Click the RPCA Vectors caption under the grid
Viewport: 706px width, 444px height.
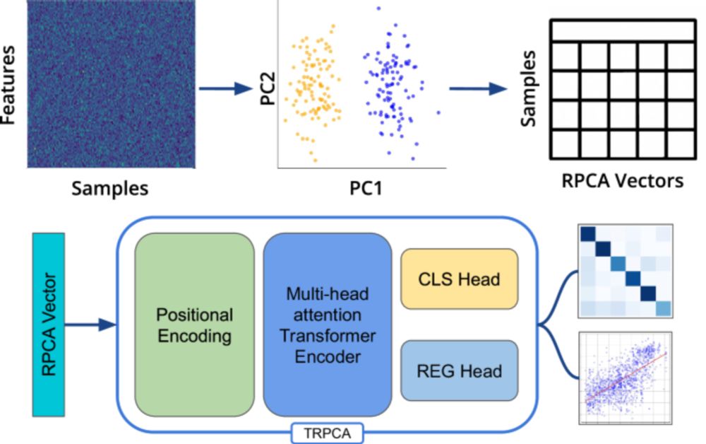[622, 180]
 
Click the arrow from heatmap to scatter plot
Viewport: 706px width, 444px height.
[225, 88]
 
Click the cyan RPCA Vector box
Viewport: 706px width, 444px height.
[49, 325]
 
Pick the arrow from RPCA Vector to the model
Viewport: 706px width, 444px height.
[90, 325]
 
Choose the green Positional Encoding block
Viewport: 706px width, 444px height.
[194, 325]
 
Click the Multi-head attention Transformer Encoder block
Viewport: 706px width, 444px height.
[327, 325]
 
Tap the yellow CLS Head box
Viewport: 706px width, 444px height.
[458, 279]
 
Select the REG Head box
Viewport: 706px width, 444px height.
[458, 370]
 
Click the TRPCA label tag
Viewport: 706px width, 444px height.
[325, 433]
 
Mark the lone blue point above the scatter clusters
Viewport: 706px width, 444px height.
[378, 8]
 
